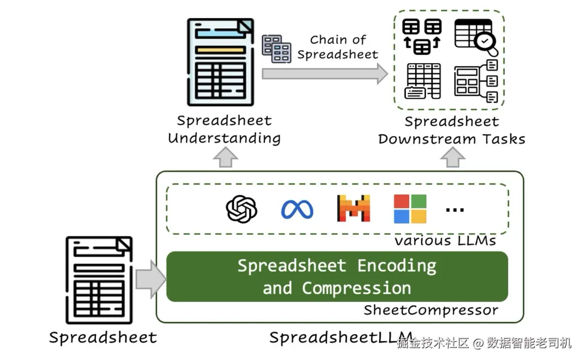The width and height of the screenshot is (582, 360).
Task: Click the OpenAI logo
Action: coord(242,209)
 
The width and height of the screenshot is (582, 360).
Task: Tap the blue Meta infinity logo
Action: coord(297,210)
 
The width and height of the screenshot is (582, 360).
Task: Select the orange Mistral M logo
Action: coord(353,209)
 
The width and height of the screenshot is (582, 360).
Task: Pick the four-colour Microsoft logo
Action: coord(410,209)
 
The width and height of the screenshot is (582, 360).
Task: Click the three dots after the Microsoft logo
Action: coord(455,210)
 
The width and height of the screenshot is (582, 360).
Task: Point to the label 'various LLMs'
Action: coord(445,240)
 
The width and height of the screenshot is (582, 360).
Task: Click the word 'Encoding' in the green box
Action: coord(397,266)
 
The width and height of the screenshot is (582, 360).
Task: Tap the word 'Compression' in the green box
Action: coord(356,288)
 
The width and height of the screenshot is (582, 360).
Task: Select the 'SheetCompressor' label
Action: coord(431,310)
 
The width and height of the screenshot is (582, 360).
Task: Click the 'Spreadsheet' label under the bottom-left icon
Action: coord(103,337)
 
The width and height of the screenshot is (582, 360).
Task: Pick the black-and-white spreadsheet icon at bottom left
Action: coord(99,280)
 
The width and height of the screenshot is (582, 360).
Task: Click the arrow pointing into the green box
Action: coord(150,279)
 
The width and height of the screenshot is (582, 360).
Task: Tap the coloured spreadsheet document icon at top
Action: coord(221,62)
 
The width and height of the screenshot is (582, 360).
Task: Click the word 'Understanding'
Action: coord(224,138)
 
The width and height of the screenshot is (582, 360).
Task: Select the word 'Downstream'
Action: coord(421,139)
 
